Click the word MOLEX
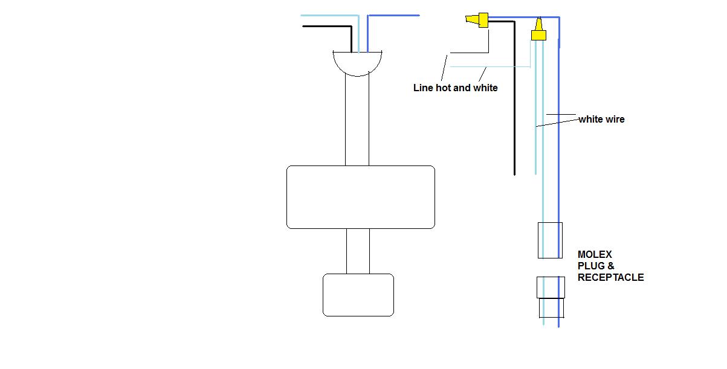(x=595, y=254)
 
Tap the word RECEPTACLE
(x=610, y=278)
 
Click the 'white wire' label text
(x=601, y=120)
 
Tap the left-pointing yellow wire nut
(x=477, y=20)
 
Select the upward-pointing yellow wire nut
(x=538, y=30)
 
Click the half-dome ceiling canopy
(x=357, y=75)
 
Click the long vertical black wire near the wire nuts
(x=514, y=97)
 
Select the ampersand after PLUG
(x=611, y=266)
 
